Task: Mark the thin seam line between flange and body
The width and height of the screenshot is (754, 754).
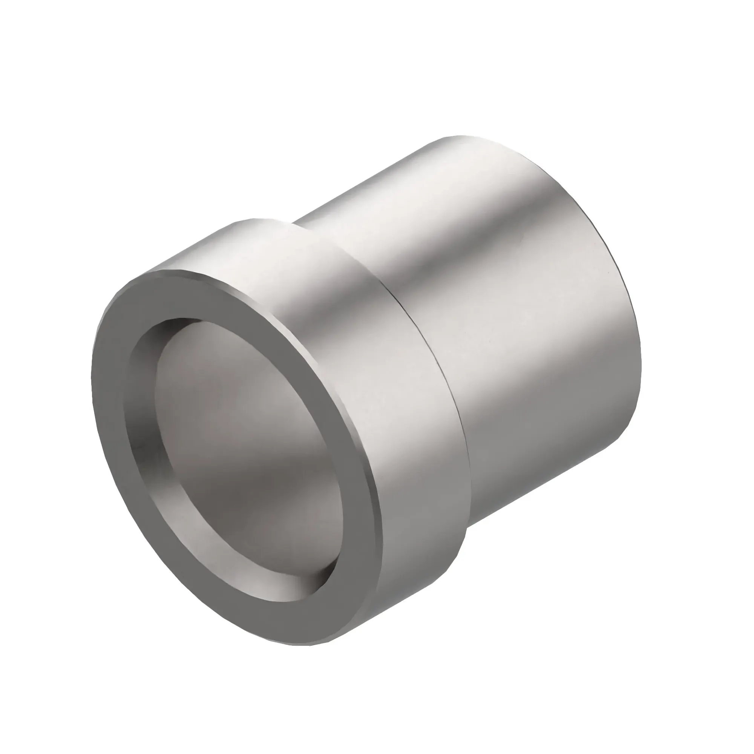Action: pos(429,351)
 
